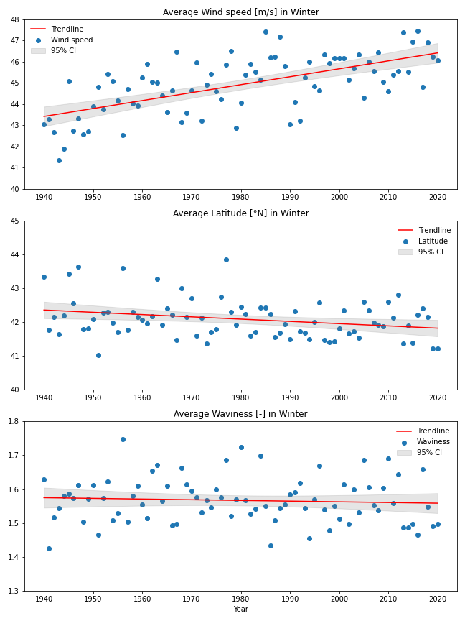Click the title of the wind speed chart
pyautogui.click(x=240, y=12)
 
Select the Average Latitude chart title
pyautogui.click(x=240, y=213)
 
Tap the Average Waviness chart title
pyautogui.click(x=240, y=414)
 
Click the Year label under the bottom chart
pyautogui.click(x=240, y=609)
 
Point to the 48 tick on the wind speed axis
pyautogui.click(x=14, y=19)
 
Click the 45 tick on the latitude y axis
pyautogui.click(x=14, y=221)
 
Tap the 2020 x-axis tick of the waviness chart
pyautogui.click(x=437, y=598)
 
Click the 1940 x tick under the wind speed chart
pyautogui.click(x=44, y=196)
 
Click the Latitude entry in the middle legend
pyautogui.click(x=432, y=241)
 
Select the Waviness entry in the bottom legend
pyautogui.click(x=433, y=441)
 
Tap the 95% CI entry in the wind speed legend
pyautogui.click(x=64, y=50)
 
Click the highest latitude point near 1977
pyautogui.click(x=226, y=259)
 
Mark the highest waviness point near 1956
pyautogui.click(x=123, y=439)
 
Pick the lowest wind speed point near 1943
pyautogui.click(x=59, y=160)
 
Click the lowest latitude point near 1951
pyautogui.click(x=98, y=355)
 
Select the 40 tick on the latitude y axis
pyautogui.click(x=14, y=390)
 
